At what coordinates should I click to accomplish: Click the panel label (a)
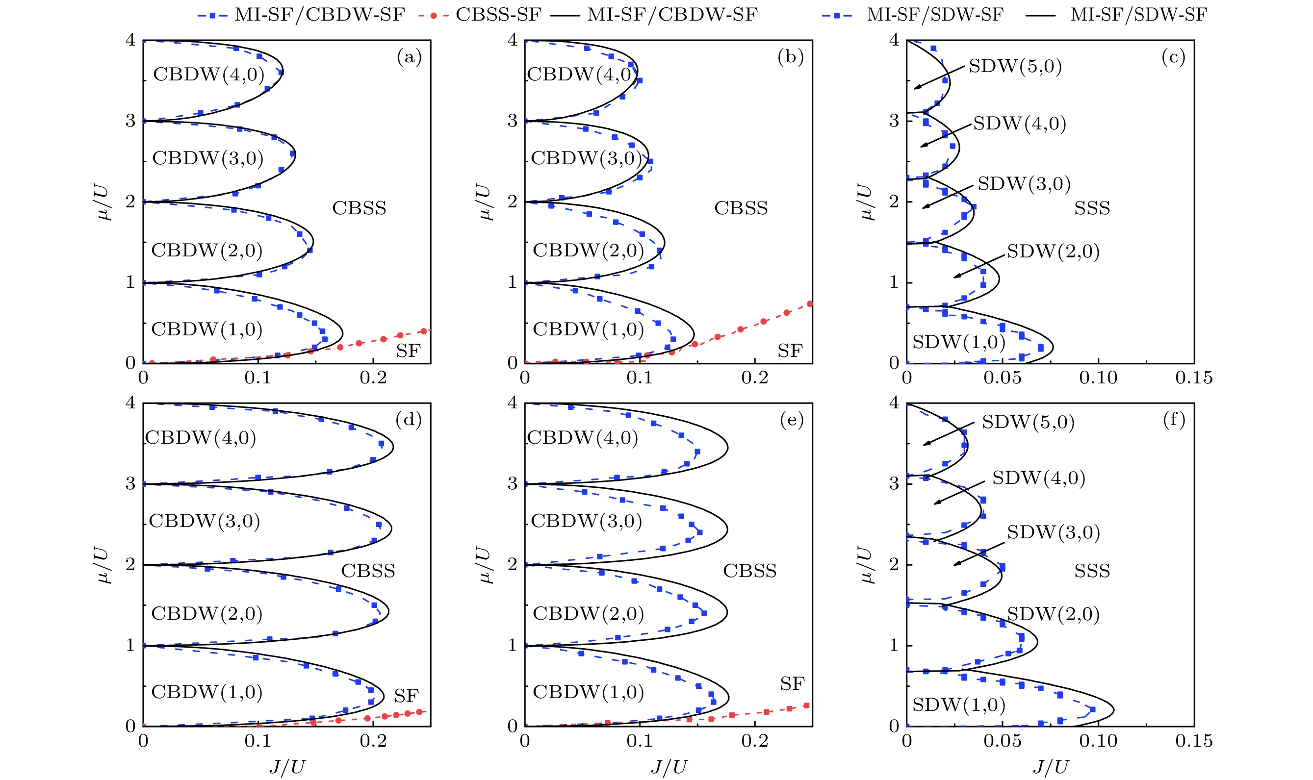point(409,56)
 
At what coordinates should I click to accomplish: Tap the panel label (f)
point(1174,420)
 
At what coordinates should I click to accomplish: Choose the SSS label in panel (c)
point(1092,208)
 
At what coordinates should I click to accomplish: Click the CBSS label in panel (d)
point(367,571)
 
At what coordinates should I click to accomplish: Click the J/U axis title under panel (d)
point(287,767)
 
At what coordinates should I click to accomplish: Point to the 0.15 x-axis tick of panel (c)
point(1194,377)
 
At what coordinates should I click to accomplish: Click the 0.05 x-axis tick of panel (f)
point(1002,741)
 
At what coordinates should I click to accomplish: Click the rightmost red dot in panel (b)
point(810,304)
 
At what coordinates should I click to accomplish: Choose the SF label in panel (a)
point(408,351)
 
